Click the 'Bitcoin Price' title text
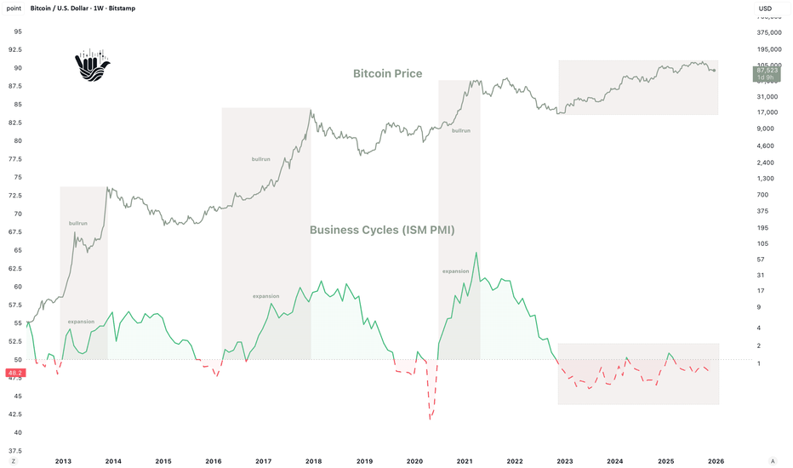pos(387,74)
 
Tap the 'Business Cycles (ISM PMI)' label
pos(383,230)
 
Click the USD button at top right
pos(765,9)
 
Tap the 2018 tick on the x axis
pos(314,460)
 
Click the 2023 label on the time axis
pos(565,460)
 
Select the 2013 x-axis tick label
pos(63,460)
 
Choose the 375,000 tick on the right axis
pos(769,33)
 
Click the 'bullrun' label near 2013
pos(78,223)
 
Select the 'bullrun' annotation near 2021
pos(460,130)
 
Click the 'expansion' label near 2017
pos(265,296)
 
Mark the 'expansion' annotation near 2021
pos(455,271)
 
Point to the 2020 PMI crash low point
pos(431,418)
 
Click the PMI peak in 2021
pos(476,253)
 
